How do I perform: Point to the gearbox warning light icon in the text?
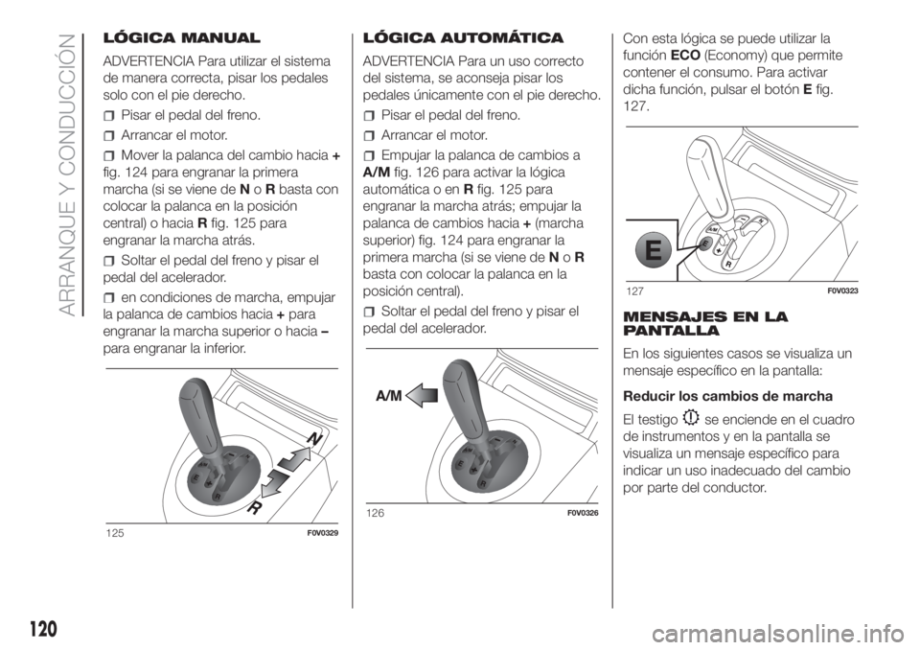point(691,417)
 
